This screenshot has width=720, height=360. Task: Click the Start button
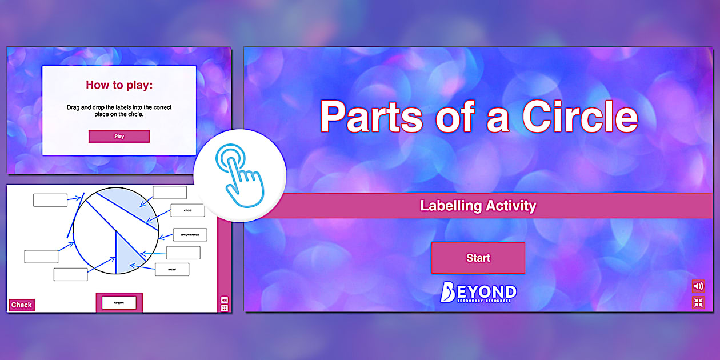(478, 258)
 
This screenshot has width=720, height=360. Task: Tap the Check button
(22, 305)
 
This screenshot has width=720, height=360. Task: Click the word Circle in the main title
(579, 116)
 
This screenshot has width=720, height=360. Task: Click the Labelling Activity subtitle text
(478, 206)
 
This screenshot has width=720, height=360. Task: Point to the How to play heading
(119, 85)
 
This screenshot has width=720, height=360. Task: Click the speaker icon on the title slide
(698, 286)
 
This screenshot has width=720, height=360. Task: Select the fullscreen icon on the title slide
(698, 303)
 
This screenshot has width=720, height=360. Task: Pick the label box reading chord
(187, 210)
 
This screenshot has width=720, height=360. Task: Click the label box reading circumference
(190, 235)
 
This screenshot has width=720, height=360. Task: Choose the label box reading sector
(172, 269)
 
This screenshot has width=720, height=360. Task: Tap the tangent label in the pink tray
(119, 302)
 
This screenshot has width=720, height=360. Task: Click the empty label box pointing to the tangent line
(50, 200)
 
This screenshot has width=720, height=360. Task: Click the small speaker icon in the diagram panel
(224, 299)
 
